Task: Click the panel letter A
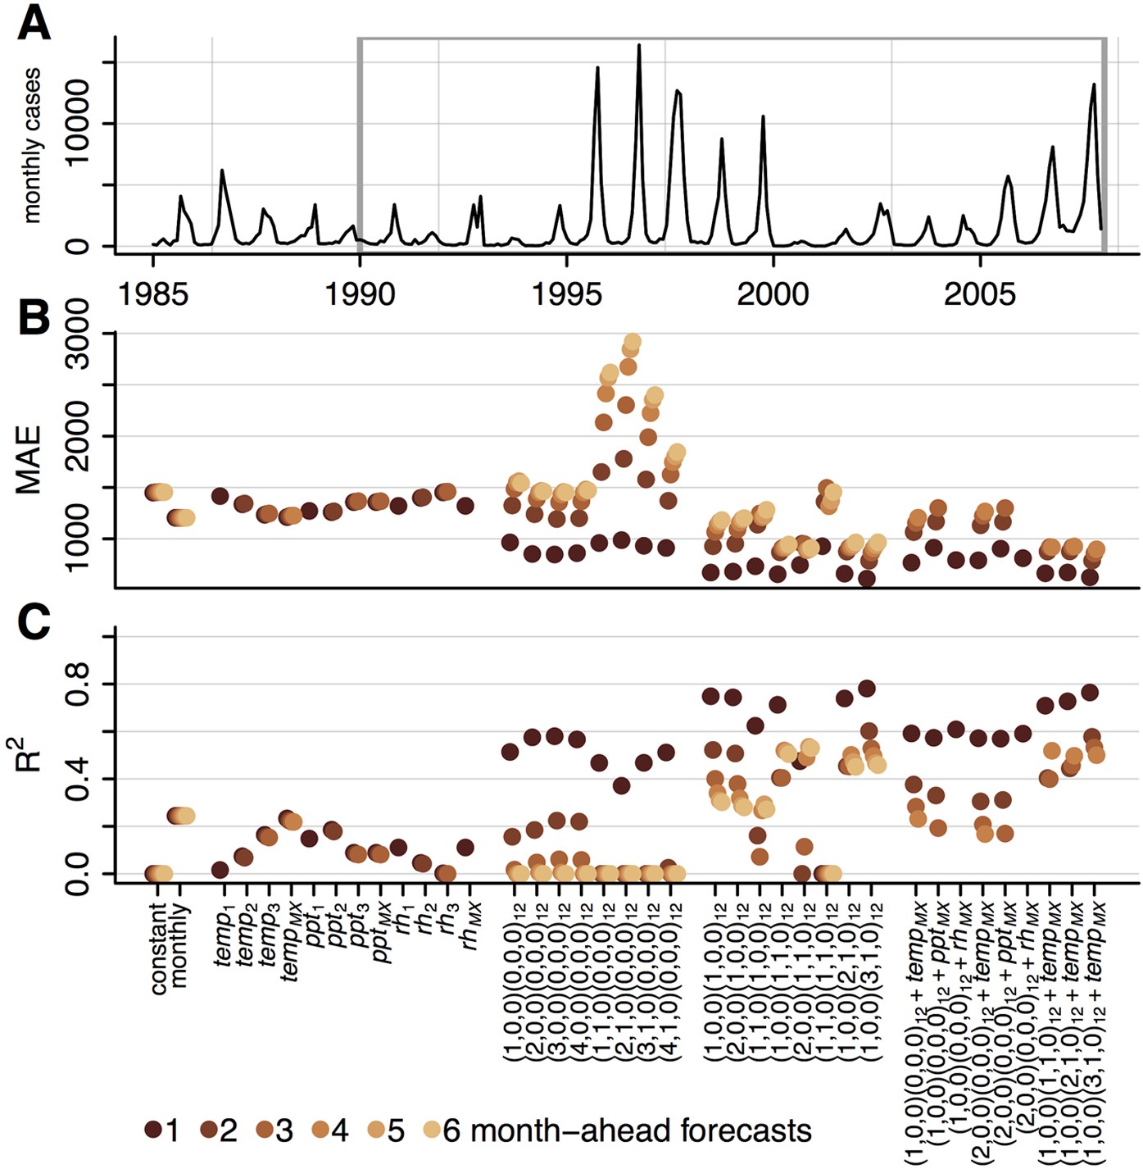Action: click(33, 22)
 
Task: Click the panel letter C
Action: click(33, 623)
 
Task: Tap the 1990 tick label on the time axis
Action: click(360, 294)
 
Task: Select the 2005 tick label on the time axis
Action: click(979, 294)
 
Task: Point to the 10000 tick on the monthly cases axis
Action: click(78, 123)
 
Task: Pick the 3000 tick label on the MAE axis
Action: click(78, 334)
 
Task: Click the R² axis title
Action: click(29, 751)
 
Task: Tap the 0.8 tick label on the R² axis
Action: click(78, 684)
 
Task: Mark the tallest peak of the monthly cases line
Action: click(639, 47)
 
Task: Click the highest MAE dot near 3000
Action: click(633, 342)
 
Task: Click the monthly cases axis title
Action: click(31, 146)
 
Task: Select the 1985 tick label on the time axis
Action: click(153, 294)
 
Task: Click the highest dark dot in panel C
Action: click(867, 688)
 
